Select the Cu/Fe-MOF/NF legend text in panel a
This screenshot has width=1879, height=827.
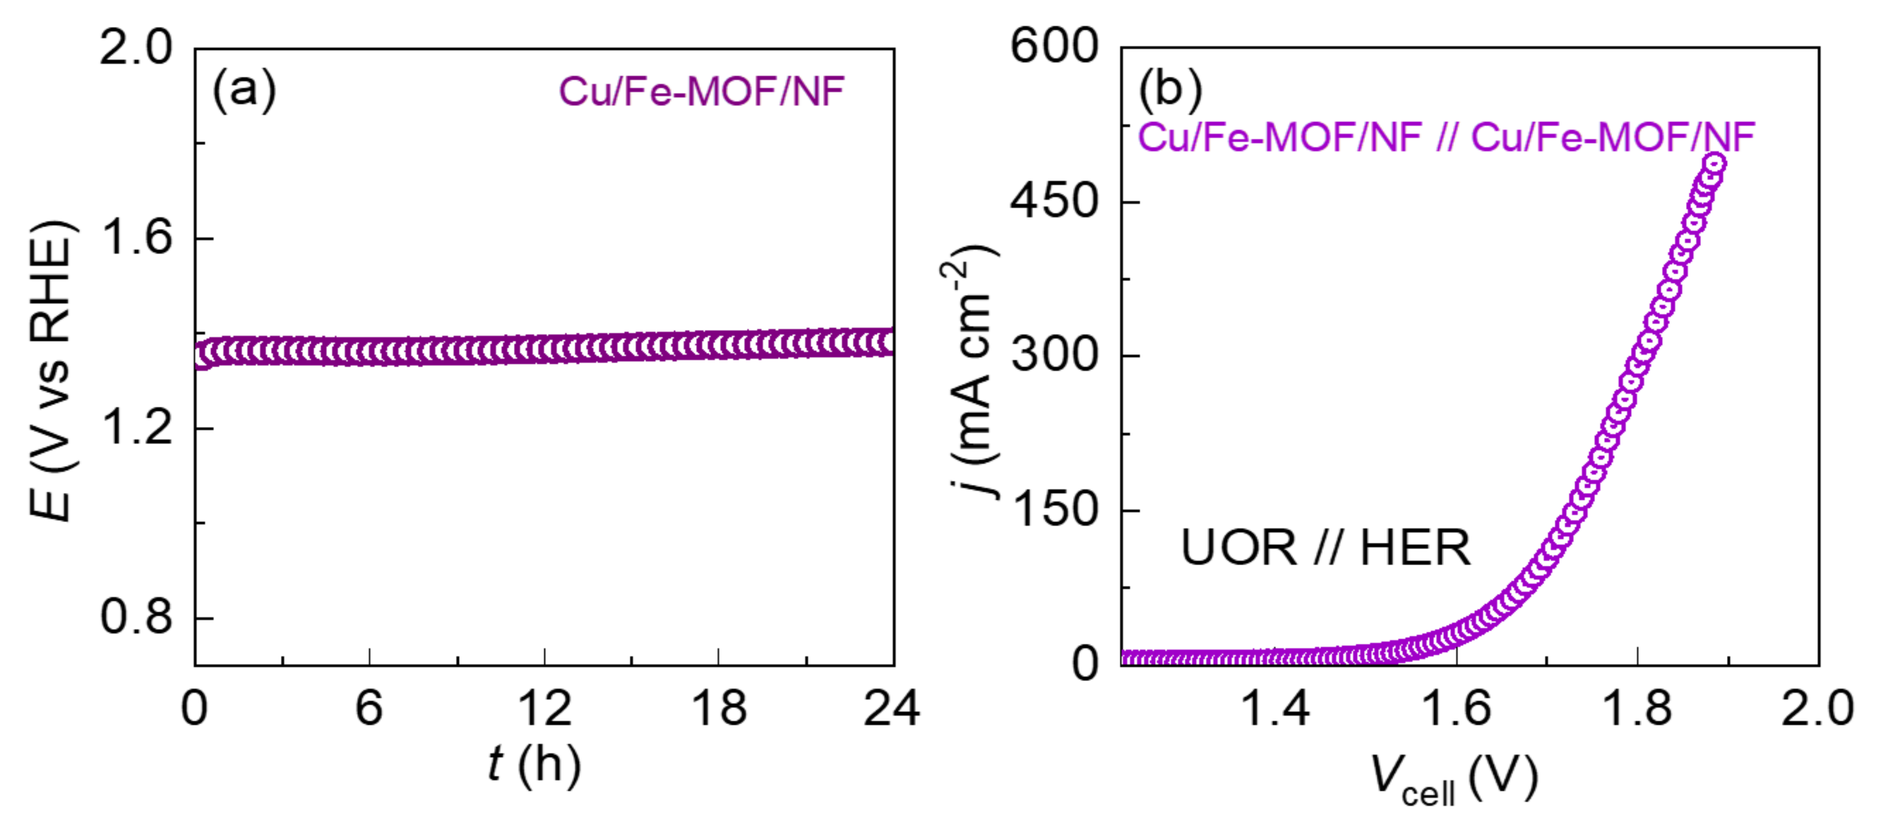coord(701,92)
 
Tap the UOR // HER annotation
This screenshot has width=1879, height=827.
coord(1325,548)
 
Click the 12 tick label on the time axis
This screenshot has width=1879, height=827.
coord(544,709)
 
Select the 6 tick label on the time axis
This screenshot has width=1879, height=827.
coord(369,709)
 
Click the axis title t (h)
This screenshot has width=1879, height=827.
coord(535,765)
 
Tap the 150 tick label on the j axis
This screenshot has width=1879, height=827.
coord(1055,510)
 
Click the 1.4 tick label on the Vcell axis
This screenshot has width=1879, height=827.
coord(1275,709)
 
